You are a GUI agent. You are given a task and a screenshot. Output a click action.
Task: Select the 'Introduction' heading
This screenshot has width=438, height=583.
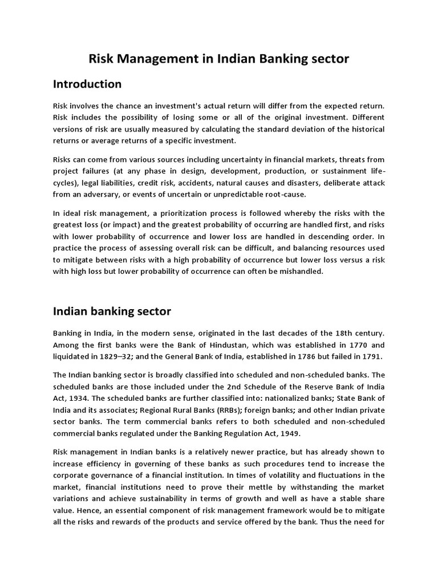pos(87,84)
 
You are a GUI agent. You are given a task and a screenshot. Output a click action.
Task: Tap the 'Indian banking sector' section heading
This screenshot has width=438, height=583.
pos(112,311)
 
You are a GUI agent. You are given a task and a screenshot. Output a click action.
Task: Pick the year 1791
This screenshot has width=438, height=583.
pos(371,356)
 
